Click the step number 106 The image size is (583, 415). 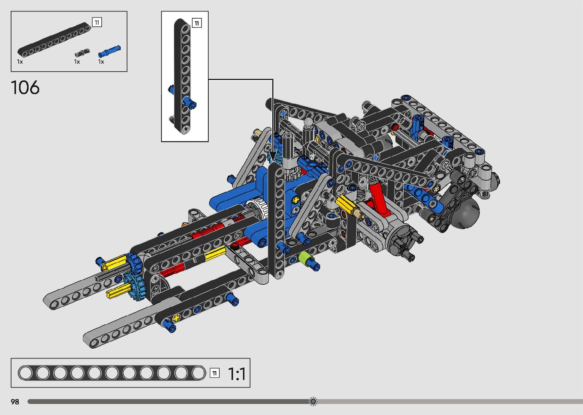pyautogui.click(x=25, y=87)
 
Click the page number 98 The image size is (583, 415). pyautogui.click(x=15, y=402)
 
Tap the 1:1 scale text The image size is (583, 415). pyautogui.click(x=236, y=374)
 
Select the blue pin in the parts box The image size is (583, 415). pyautogui.click(x=109, y=51)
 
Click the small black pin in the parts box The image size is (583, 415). pyautogui.click(x=82, y=53)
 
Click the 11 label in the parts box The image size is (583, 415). pyautogui.click(x=97, y=22)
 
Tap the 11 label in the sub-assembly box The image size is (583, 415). pyautogui.click(x=197, y=23)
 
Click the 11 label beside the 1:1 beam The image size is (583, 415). pyautogui.click(x=215, y=373)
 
